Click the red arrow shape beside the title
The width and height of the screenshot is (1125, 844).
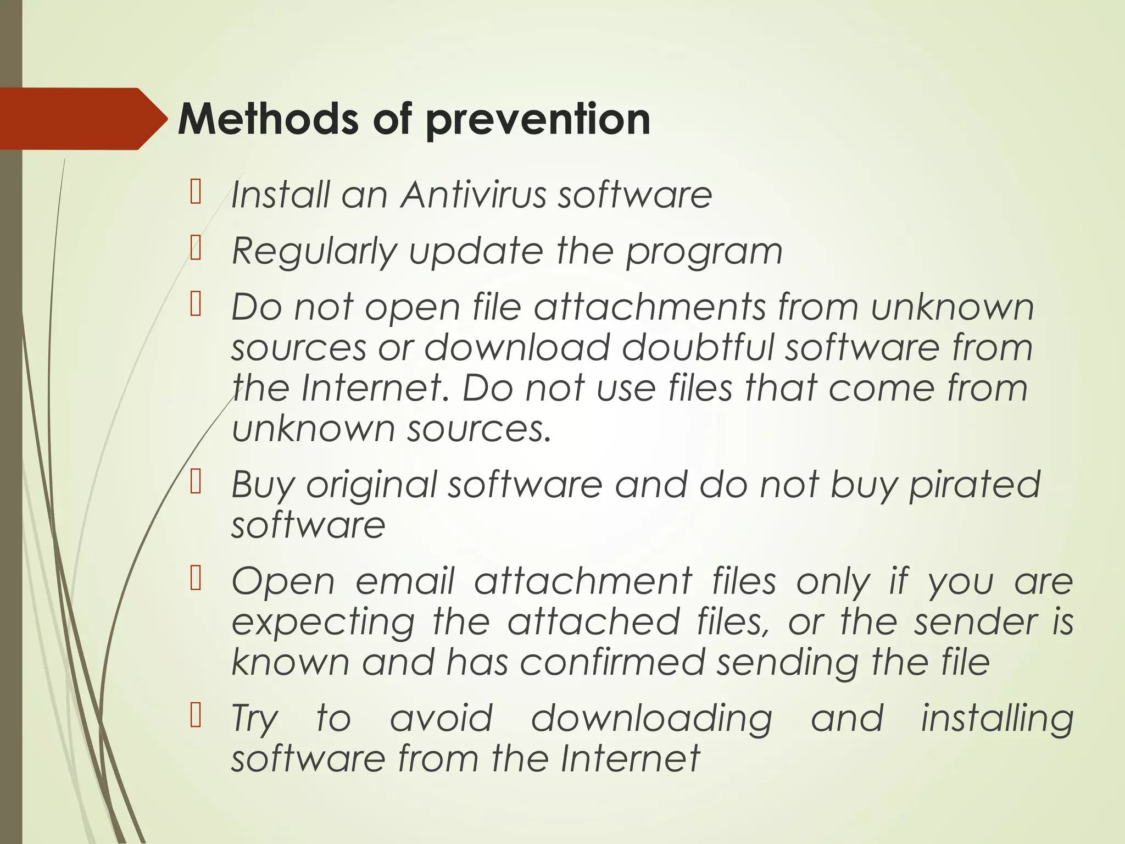(x=82, y=119)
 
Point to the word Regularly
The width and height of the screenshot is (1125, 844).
(x=314, y=252)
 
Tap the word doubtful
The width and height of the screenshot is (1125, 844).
(x=697, y=347)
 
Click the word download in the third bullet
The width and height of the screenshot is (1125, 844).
(x=517, y=347)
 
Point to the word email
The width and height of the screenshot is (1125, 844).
(x=405, y=581)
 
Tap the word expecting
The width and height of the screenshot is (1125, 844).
(x=323, y=623)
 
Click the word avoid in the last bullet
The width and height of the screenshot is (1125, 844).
(x=441, y=718)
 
